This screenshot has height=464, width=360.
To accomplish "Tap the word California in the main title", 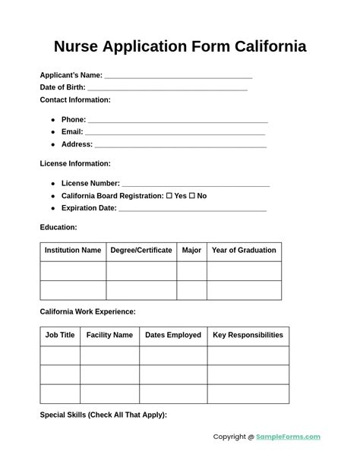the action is tap(261, 46).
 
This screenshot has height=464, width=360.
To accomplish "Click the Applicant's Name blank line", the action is tap(178, 76).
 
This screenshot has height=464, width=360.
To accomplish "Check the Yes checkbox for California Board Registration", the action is tap(169, 196).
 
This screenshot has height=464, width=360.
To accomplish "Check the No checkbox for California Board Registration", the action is tap(192, 196).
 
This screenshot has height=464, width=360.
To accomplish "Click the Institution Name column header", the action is tap(73, 251).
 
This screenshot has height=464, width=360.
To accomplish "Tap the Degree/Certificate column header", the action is tap(141, 251).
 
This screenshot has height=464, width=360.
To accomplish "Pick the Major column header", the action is tap(191, 251).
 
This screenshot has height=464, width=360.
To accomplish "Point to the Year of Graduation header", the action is tap(244, 251).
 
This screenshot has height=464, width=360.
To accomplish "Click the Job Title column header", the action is tap(60, 335).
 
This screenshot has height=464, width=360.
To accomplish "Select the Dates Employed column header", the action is tap(173, 335).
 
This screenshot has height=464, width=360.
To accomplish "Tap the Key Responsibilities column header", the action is tap(248, 335).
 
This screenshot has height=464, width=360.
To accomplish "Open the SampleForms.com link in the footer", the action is tap(288, 437).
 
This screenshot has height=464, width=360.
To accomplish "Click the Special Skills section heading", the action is tap(103, 415).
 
